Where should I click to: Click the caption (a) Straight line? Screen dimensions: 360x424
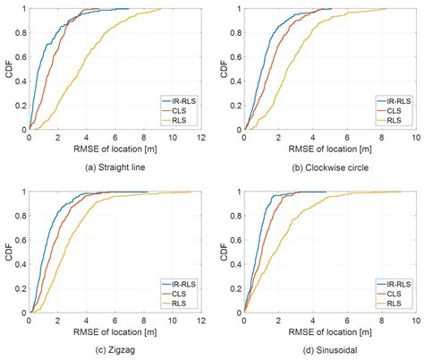115,166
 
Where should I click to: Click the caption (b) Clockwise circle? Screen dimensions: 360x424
330,166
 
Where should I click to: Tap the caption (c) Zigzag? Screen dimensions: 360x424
115,349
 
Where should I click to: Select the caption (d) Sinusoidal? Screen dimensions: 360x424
330,349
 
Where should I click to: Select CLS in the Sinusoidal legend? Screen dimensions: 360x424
391,293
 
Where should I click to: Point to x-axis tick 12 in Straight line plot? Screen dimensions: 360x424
202,138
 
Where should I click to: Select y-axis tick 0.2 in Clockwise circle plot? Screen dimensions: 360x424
233,105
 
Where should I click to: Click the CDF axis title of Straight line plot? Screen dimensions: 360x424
7,69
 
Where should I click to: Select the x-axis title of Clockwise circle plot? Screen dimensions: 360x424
330,150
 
